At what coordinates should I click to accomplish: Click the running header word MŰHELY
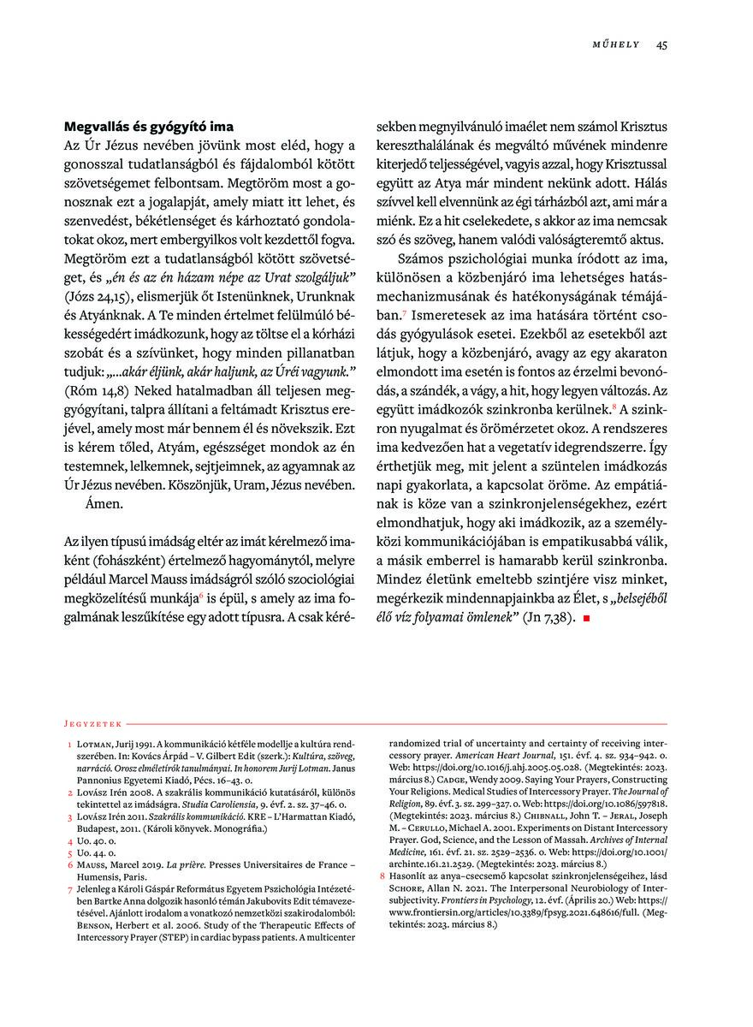pos(616,45)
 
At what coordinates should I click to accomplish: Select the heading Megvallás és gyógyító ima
pos(149,128)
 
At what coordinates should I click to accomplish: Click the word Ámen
pos(104,504)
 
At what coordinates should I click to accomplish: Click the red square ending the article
pos(586,618)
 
